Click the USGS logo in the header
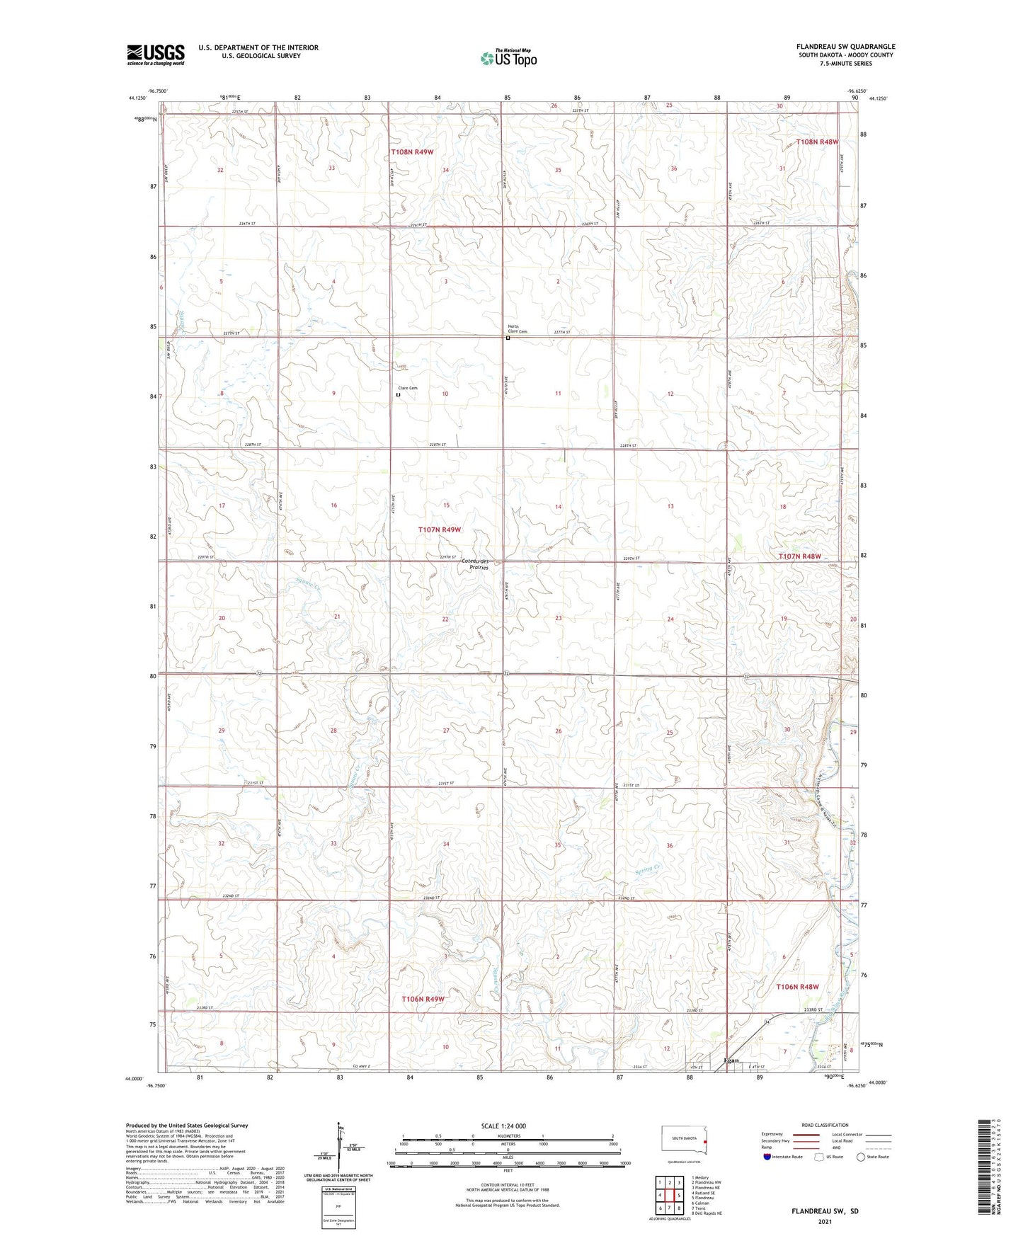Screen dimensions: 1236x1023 (x=155, y=54)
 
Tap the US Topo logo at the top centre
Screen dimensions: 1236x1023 (x=508, y=58)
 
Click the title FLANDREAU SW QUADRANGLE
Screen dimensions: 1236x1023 (x=845, y=47)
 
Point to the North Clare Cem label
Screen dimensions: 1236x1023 (x=518, y=328)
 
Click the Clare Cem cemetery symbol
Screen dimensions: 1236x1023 (x=398, y=396)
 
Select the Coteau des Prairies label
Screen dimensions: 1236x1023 (x=474, y=564)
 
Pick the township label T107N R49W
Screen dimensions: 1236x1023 (x=439, y=530)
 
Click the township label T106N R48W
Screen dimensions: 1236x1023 (x=797, y=987)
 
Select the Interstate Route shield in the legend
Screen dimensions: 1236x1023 (x=769, y=1157)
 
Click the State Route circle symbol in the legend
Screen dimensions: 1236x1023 (x=861, y=1157)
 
